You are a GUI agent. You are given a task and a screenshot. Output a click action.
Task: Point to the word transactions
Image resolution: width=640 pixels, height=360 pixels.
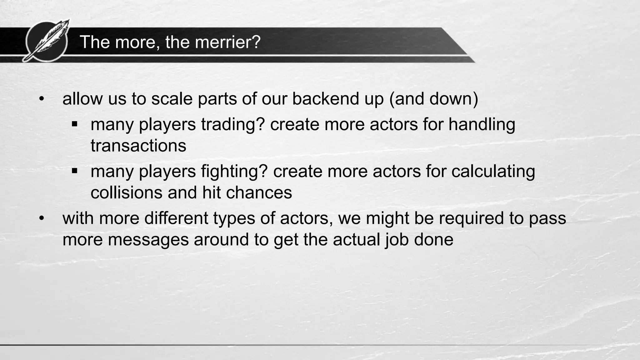(138, 146)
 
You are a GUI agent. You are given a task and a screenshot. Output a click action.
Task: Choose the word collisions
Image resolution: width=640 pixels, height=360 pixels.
(127, 192)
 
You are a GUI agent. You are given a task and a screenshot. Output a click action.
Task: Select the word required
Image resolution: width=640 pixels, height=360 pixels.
(471, 218)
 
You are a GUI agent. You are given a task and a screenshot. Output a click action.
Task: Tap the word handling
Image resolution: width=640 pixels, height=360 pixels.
(482, 124)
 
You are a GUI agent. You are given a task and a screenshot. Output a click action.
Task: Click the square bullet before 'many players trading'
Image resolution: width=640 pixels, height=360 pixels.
(74, 124)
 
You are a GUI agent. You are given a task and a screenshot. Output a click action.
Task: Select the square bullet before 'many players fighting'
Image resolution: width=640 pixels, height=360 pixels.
(74, 171)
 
